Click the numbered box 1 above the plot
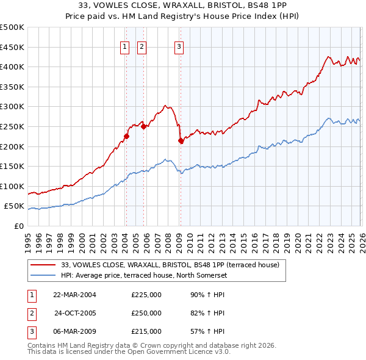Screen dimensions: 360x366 pos(125,47)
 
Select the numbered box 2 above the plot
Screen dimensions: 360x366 pos(142,47)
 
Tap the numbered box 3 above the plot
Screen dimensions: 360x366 pos(179,47)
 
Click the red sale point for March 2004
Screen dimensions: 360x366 pos(126,136)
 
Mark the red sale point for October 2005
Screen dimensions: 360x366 pos(143,127)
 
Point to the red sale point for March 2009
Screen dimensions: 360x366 pos(180,140)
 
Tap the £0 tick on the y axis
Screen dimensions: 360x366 pos(18,226)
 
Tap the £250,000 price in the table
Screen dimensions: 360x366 pos(146,313)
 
